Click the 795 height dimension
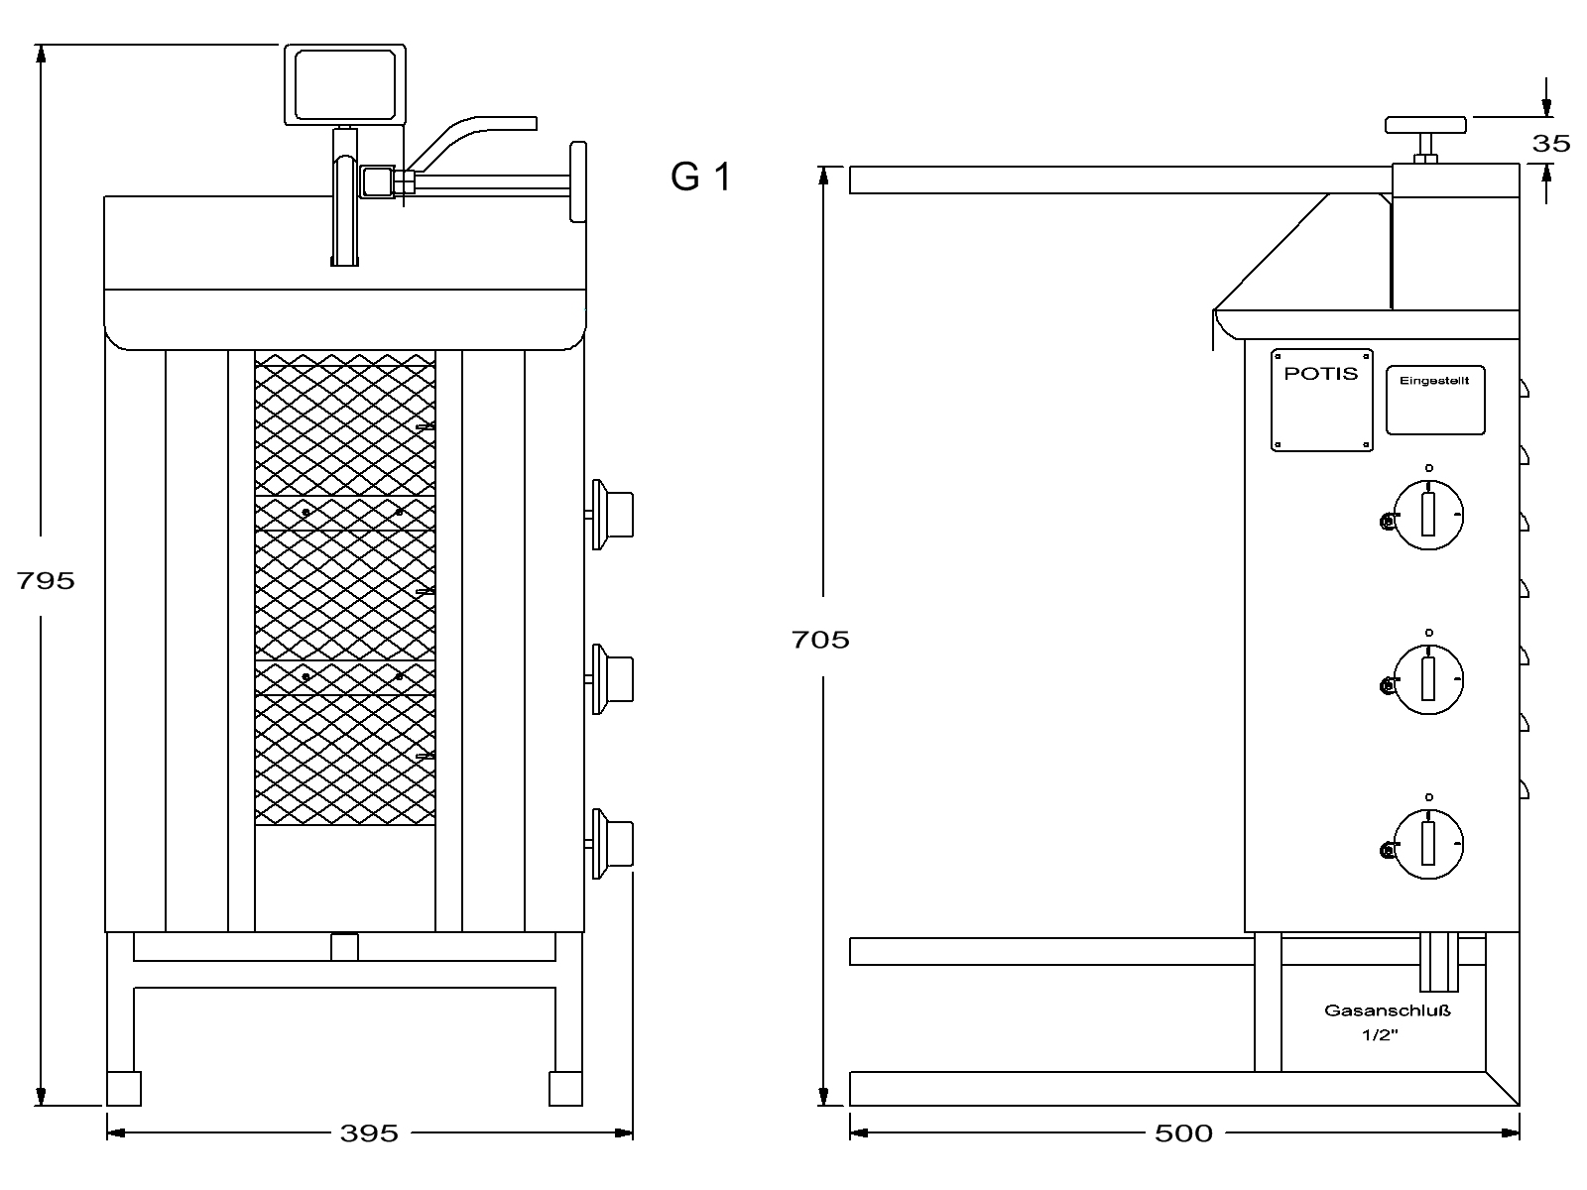pos(46,580)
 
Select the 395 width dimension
pos(369,1132)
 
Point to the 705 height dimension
pos(820,640)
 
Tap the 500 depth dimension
pos(1183,1132)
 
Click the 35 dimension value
pos(1551,143)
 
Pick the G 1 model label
pos(701,177)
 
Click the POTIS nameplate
pos(1321,401)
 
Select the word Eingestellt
pos(1434,381)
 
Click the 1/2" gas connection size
pos(1380,1034)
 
